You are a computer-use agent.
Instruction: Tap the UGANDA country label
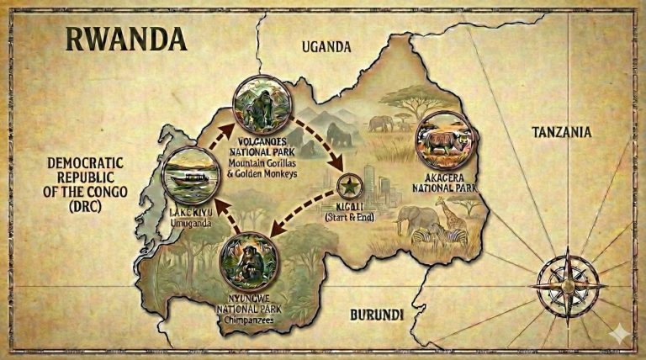pyautogui.click(x=326, y=47)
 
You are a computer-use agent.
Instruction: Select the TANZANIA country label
pyautogui.click(x=561, y=132)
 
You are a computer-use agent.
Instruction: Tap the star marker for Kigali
pyautogui.click(x=347, y=186)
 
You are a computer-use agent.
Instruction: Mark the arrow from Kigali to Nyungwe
pyautogui.click(x=303, y=211)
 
